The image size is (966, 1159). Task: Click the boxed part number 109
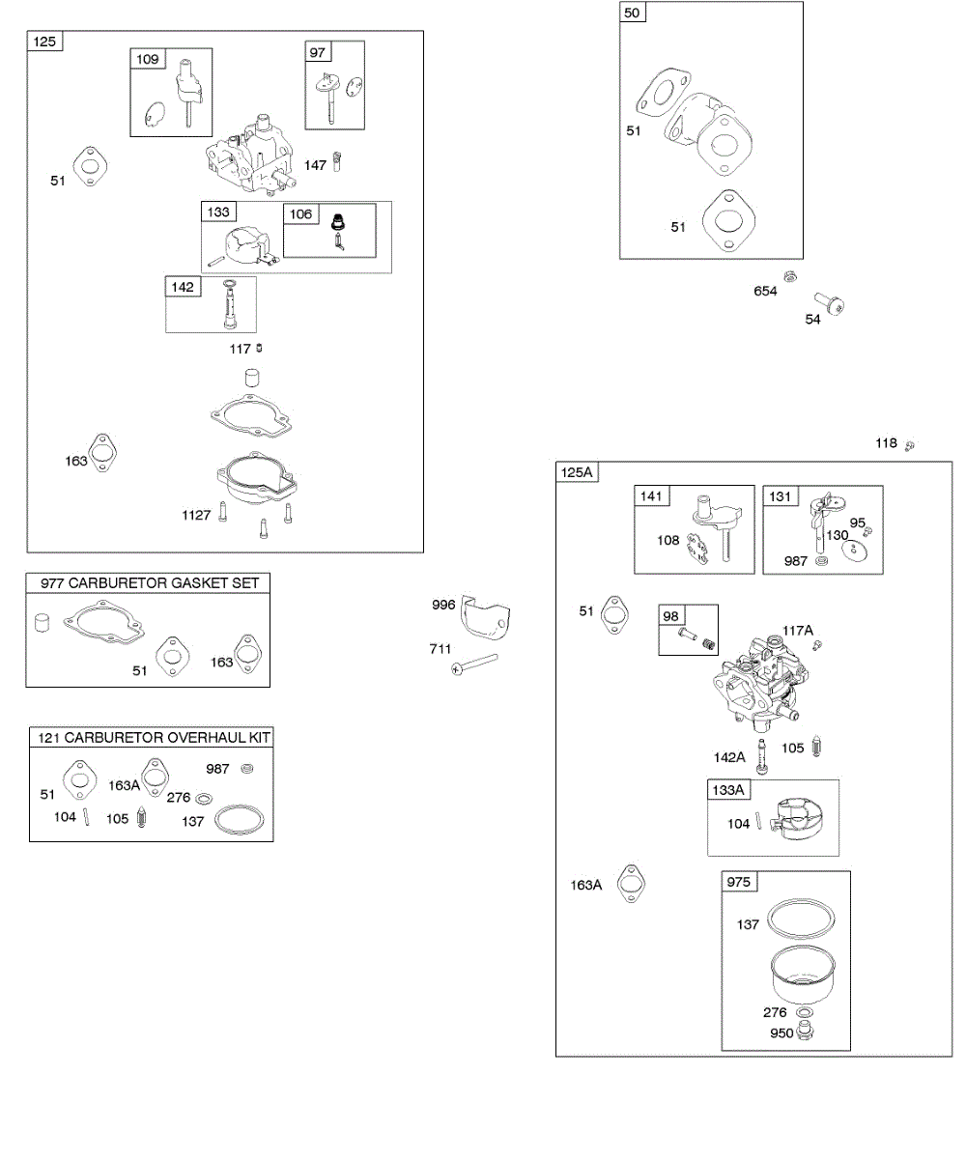click(x=148, y=60)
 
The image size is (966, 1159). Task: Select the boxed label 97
click(x=319, y=52)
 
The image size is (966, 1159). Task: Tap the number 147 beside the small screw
click(x=315, y=165)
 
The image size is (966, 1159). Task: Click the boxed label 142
click(x=183, y=287)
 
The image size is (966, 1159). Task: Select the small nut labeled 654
click(x=790, y=277)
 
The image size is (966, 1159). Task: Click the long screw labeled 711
click(x=474, y=664)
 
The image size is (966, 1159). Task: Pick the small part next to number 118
click(x=910, y=445)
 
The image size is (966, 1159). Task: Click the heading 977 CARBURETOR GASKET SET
click(x=149, y=582)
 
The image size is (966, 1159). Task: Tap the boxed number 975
click(x=739, y=882)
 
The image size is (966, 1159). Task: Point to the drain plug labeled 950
click(x=808, y=1032)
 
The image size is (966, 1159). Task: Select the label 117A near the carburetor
click(x=799, y=631)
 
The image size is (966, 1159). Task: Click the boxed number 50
click(x=633, y=13)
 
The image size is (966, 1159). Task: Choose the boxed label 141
click(x=652, y=496)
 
